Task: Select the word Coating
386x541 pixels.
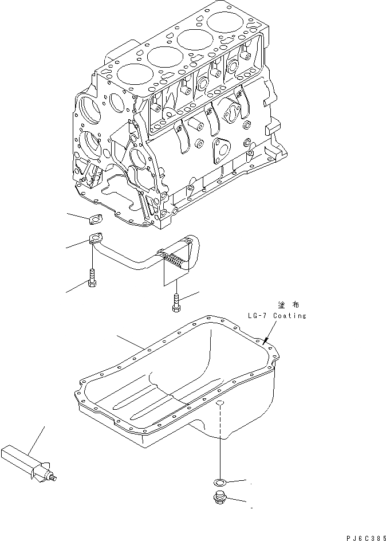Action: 289,316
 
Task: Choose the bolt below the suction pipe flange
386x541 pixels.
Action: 92,278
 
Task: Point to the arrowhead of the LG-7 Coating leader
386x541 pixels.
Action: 266,343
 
